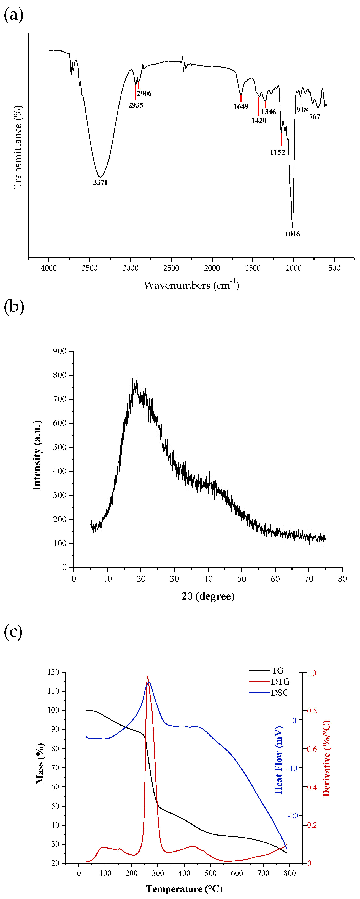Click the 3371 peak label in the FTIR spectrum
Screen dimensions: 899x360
coord(100,183)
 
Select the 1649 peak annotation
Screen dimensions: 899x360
coord(241,106)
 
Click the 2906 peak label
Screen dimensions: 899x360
coord(144,93)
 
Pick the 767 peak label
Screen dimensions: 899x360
coord(315,117)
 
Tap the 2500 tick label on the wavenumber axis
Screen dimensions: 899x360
coord(171,268)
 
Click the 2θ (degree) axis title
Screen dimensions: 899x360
coord(208,596)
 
